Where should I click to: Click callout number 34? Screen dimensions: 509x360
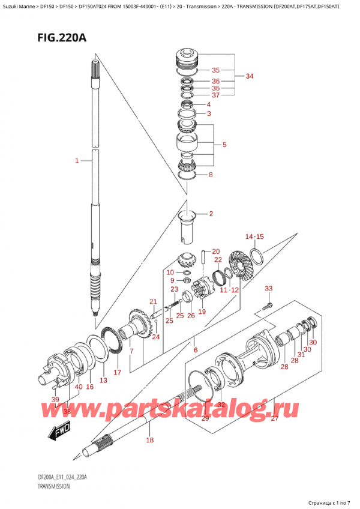pos(250,76)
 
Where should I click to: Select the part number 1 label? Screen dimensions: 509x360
pos(77,160)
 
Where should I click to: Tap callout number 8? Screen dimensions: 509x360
pos(209,175)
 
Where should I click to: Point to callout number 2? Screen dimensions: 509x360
pos(209,214)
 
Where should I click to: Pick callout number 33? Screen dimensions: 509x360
pos(269,289)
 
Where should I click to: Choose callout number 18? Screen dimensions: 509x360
pos(149,440)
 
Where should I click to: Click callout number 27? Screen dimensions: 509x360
pos(274,419)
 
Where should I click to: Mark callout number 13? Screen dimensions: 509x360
pos(103,381)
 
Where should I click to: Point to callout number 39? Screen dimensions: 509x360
pos(55,400)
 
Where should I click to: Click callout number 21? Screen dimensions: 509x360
pos(153,301)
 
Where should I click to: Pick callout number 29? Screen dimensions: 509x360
pos(205,418)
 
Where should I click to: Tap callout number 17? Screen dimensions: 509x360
pos(118,372)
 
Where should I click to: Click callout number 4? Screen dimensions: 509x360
pos(209,104)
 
